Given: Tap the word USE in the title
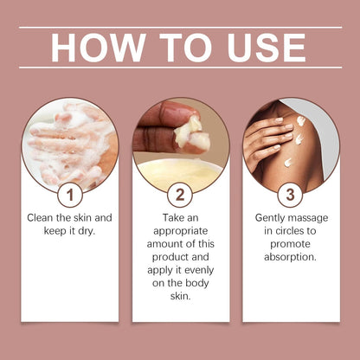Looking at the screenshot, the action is coord(267,48).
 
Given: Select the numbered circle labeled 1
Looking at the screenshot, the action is coord(70,196).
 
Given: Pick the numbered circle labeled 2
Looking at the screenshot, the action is coord(180,196).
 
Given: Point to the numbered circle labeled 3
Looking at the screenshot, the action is coord(290,196).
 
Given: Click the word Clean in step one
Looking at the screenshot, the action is coord(40,217).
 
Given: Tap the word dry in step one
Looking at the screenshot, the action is coord(87,231).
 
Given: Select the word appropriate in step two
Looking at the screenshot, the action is coord(181,231).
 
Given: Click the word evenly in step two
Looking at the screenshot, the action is coord(199,270).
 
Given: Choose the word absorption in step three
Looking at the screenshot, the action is coord(290,257).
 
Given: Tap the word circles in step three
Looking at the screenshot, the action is coord(289,231).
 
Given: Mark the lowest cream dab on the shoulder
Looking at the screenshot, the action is coord(288,163).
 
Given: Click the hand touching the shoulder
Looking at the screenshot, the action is coord(267,141).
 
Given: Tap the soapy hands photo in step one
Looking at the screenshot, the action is coord(70,145).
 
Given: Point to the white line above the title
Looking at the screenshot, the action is coord(181,28).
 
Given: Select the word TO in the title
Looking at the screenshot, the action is coord(186,48).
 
